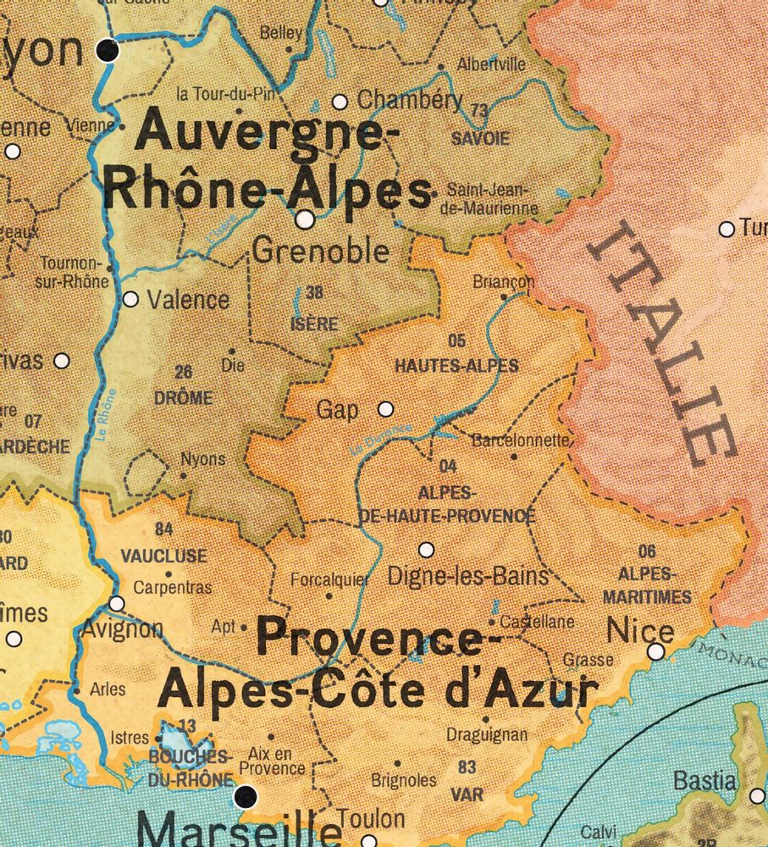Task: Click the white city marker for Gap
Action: [386, 409]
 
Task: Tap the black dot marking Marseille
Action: [246, 796]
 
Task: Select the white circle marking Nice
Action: [656, 651]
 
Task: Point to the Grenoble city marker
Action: [306, 220]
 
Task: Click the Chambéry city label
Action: [410, 100]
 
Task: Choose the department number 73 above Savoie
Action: [480, 111]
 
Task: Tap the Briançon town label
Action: [504, 281]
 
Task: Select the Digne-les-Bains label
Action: [468, 577]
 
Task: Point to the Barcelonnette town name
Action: [520, 440]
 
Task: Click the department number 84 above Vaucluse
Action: [164, 530]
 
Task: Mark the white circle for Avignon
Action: [117, 603]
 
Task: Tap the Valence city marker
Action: [130, 299]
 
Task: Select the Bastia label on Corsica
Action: [704, 780]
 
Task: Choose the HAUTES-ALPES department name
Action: [456, 367]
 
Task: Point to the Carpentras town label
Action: [173, 587]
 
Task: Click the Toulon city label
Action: [371, 819]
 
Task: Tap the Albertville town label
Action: [491, 64]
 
